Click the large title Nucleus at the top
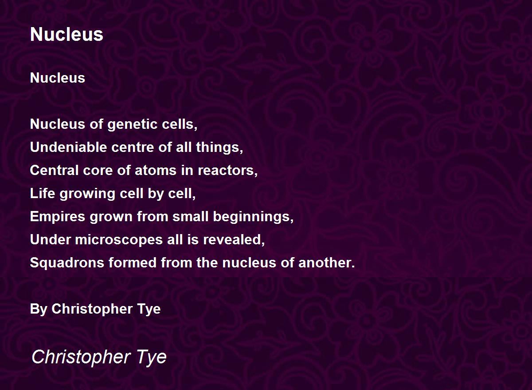coord(66,35)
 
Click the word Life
coord(40,194)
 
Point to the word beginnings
coord(253,217)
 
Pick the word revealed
coord(234,240)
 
